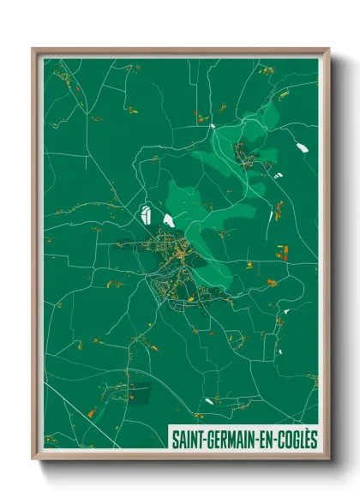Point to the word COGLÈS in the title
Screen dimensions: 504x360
click(x=297, y=438)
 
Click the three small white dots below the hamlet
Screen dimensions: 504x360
click(x=276, y=175)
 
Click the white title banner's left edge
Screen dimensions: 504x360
click(x=170, y=438)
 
